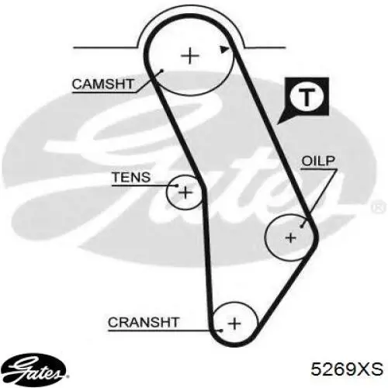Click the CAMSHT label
(x=103, y=85)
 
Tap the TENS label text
(x=131, y=177)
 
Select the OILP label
(x=318, y=161)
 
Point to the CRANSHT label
(x=144, y=322)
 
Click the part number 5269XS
(x=347, y=369)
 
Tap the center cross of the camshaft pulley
(x=190, y=56)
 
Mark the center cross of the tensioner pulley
(x=185, y=192)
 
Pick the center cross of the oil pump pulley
(x=291, y=237)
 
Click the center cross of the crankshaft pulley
(x=234, y=324)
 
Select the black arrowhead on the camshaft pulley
(x=224, y=50)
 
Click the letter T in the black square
(x=307, y=97)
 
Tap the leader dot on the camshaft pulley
(x=161, y=71)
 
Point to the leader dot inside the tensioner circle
(x=177, y=185)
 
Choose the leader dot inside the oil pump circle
(x=302, y=226)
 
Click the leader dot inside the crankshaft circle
(x=221, y=331)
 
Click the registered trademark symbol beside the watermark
(x=379, y=207)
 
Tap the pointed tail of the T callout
(x=279, y=124)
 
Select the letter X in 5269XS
(x=362, y=369)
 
